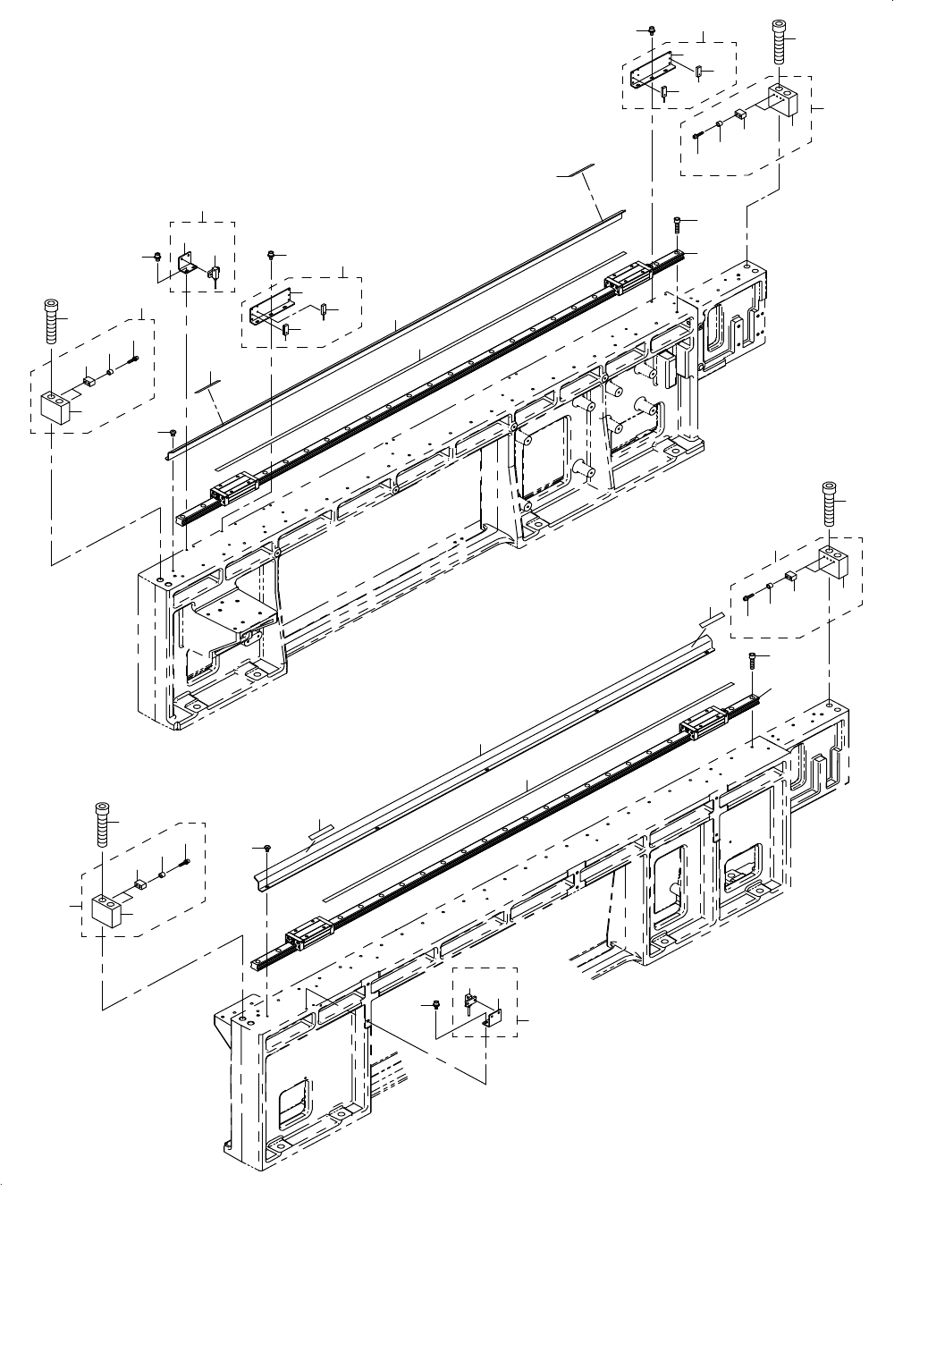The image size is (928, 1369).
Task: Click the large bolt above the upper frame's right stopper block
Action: pos(779,41)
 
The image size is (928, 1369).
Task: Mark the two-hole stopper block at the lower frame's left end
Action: pos(106,910)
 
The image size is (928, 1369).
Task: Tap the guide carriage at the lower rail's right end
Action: pos(702,726)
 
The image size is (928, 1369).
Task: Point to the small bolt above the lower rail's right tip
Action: pos(753,659)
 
